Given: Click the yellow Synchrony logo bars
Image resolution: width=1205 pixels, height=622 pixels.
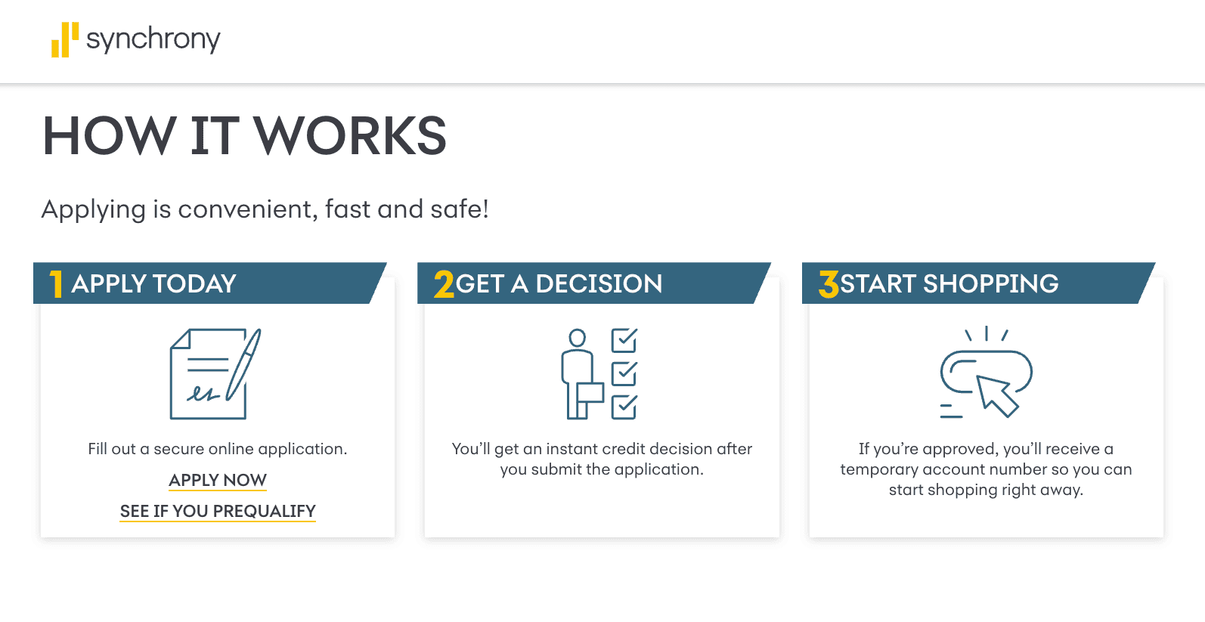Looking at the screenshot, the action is tap(65, 39).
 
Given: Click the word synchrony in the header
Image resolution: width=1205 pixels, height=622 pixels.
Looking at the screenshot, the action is tap(153, 40).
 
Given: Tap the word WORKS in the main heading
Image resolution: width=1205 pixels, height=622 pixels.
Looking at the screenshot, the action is tap(350, 136).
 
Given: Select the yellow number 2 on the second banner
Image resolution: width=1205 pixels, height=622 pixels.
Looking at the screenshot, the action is tap(444, 284).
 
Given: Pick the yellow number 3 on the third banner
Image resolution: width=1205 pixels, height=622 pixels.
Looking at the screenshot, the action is tap(829, 284).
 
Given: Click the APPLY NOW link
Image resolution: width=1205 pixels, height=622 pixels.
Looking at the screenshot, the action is tap(218, 479).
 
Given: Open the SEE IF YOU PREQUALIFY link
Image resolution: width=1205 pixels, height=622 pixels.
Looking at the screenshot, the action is tap(218, 511).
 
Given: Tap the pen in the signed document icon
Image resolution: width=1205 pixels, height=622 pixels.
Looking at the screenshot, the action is tap(243, 364).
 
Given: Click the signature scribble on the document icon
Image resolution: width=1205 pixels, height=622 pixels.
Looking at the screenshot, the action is tap(203, 394).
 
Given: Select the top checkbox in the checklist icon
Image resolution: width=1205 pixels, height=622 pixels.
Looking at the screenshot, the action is tap(624, 340).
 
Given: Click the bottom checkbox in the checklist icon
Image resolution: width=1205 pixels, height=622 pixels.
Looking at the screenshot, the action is tap(624, 407).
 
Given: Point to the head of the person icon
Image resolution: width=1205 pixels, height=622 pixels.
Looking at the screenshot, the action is tap(578, 338).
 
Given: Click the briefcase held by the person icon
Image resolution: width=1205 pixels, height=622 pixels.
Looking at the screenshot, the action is tap(590, 392).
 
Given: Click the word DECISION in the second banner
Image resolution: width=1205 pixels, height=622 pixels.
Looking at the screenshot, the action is tap(599, 284).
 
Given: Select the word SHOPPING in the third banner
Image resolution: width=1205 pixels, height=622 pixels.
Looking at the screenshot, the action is tap(990, 284).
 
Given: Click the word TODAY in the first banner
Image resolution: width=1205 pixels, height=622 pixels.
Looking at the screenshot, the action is tap(194, 284).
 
